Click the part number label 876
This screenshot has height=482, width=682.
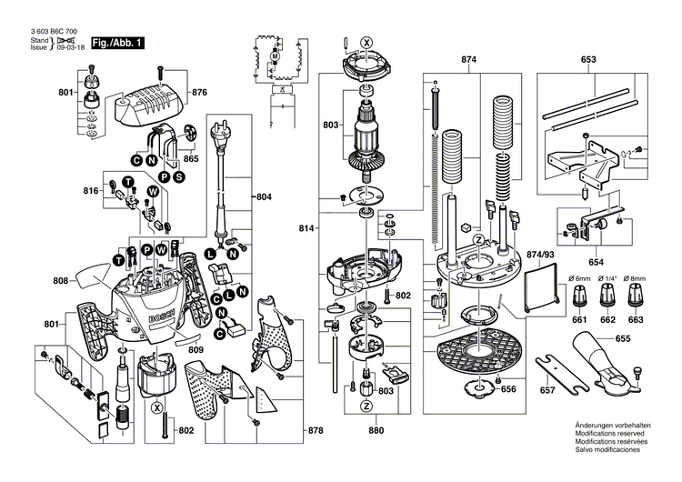click(199, 93)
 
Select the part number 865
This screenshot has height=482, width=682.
click(190, 159)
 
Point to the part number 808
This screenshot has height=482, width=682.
click(61, 281)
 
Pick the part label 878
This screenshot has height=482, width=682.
click(315, 429)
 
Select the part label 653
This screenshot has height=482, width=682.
click(588, 59)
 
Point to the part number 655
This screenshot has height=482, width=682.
click(623, 338)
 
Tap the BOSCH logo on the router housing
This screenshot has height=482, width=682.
click(156, 314)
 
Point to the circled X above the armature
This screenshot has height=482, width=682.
click(366, 43)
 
